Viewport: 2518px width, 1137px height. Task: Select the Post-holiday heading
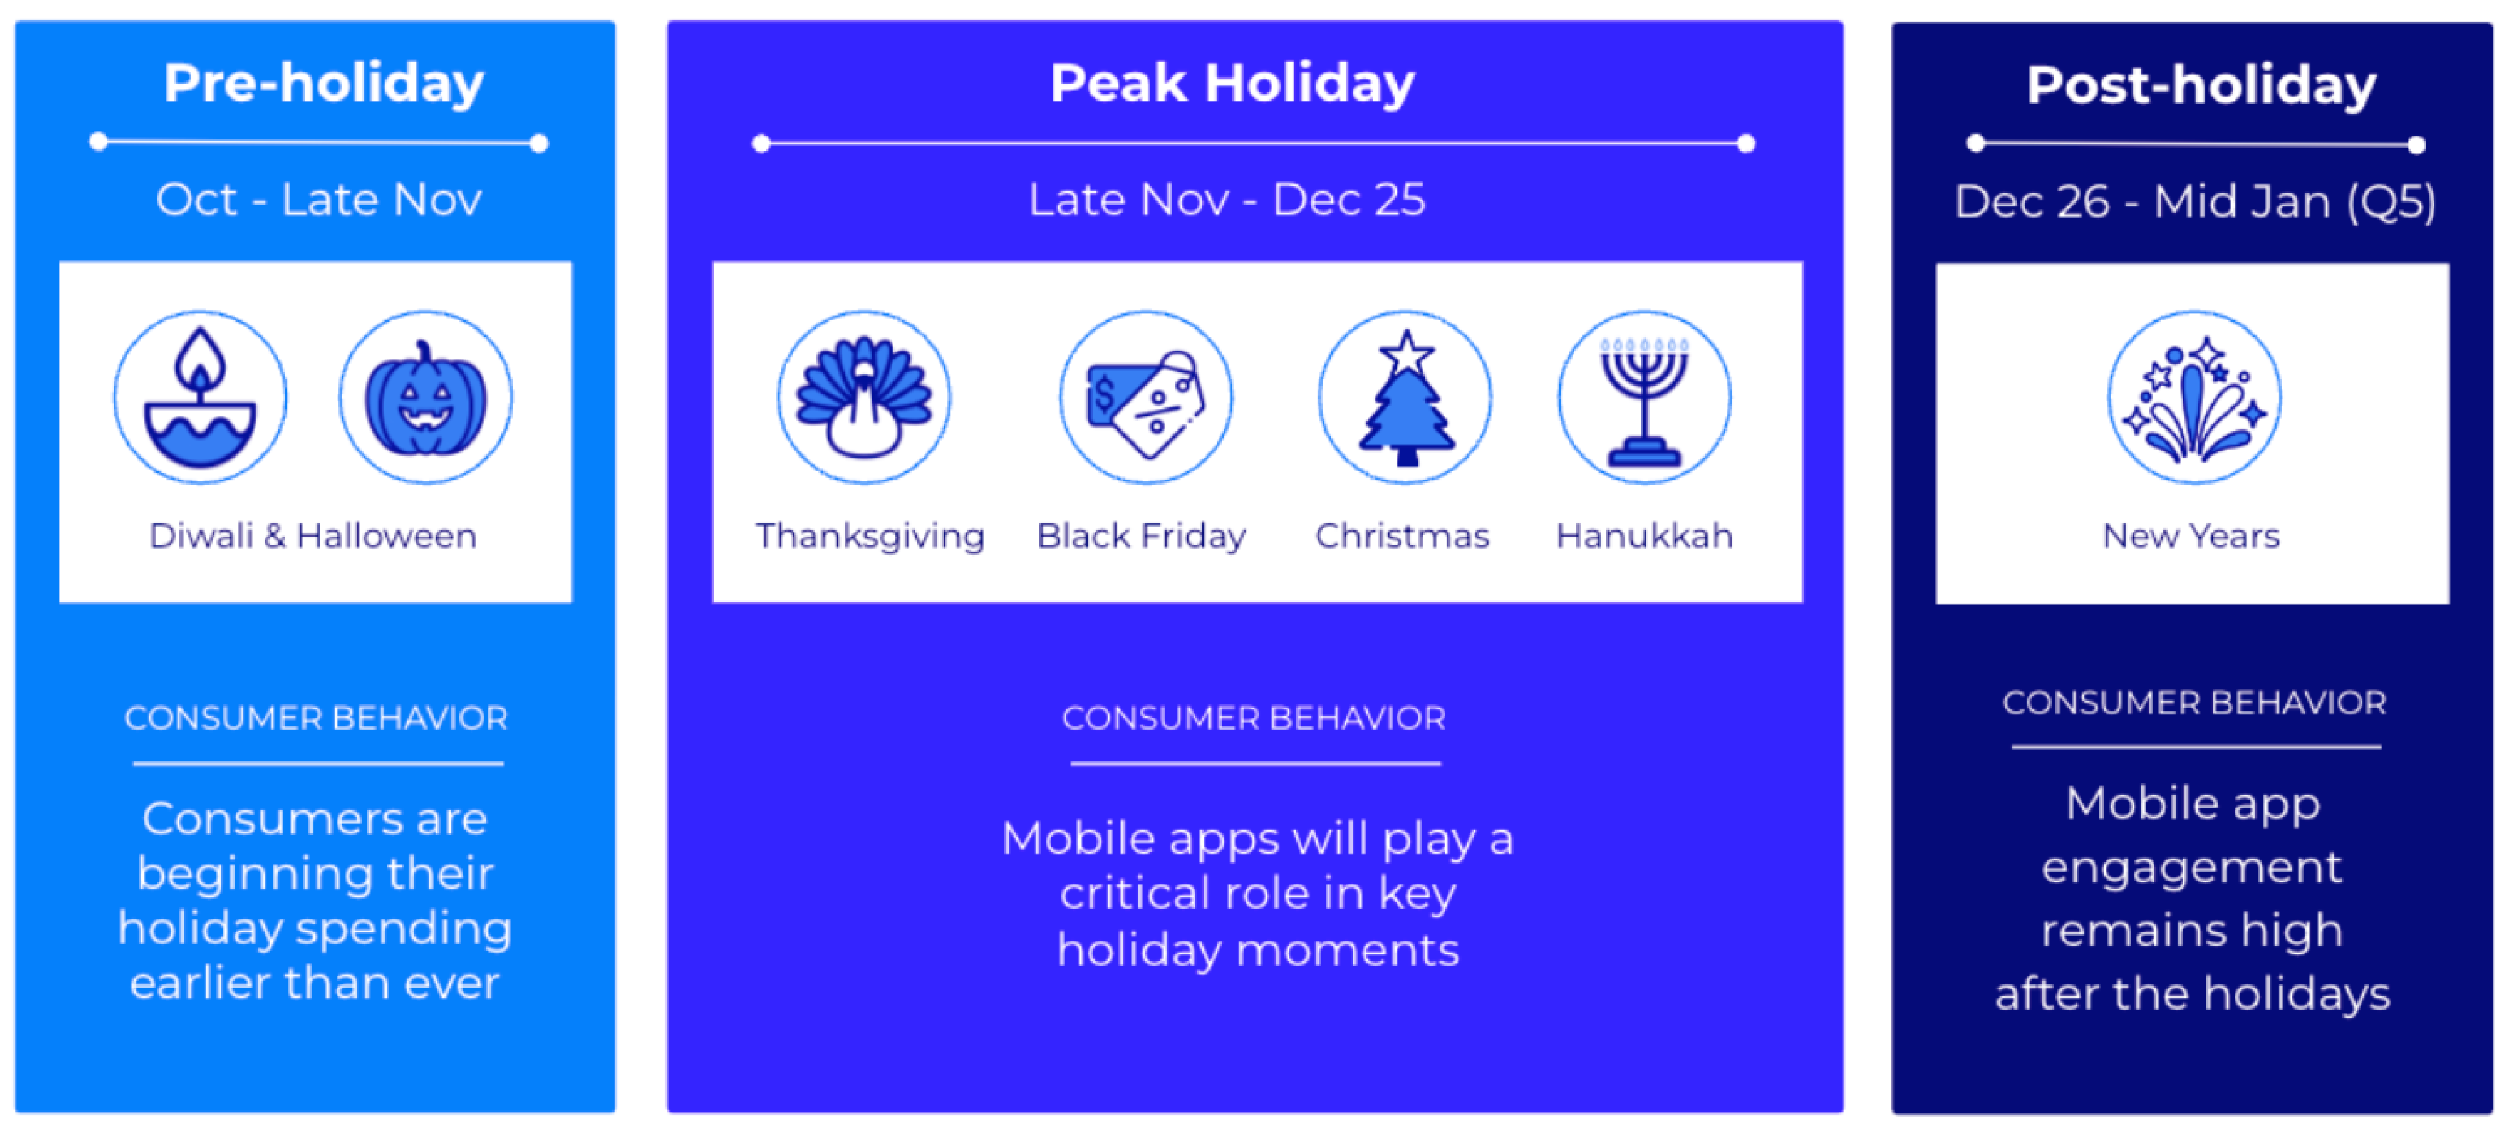(x=2201, y=86)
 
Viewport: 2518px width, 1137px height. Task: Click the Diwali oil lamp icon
(x=200, y=397)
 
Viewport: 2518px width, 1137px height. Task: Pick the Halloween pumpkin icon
(x=425, y=397)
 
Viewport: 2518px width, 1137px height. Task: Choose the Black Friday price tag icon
(x=1146, y=397)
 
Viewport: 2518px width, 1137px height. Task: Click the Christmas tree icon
(x=1406, y=397)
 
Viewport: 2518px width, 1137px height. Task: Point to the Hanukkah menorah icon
(x=1644, y=397)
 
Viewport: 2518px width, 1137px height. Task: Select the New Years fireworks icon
(x=2194, y=397)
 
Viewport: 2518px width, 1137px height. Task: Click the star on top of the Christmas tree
(x=1406, y=353)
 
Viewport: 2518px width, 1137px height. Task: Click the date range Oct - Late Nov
(x=319, y=200)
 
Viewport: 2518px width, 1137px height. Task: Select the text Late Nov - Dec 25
(x=1227, y=200)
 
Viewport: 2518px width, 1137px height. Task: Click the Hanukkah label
(x=1644, y=536)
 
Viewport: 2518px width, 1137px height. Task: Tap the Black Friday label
(x=1142, y=537)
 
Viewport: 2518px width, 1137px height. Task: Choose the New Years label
(x=2192, y=536)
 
